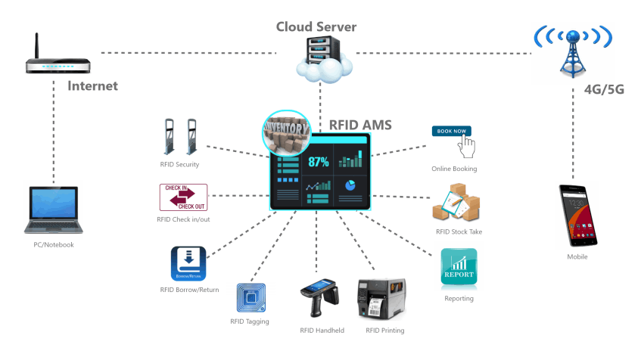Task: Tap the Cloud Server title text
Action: [316, 27]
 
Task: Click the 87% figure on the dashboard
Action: [318, 161]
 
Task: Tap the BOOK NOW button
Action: [451, 131]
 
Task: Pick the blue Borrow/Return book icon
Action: [188, 264]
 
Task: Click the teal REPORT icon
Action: [459, 267]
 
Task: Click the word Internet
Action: [93, 85]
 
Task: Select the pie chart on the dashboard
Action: [350, 185]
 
